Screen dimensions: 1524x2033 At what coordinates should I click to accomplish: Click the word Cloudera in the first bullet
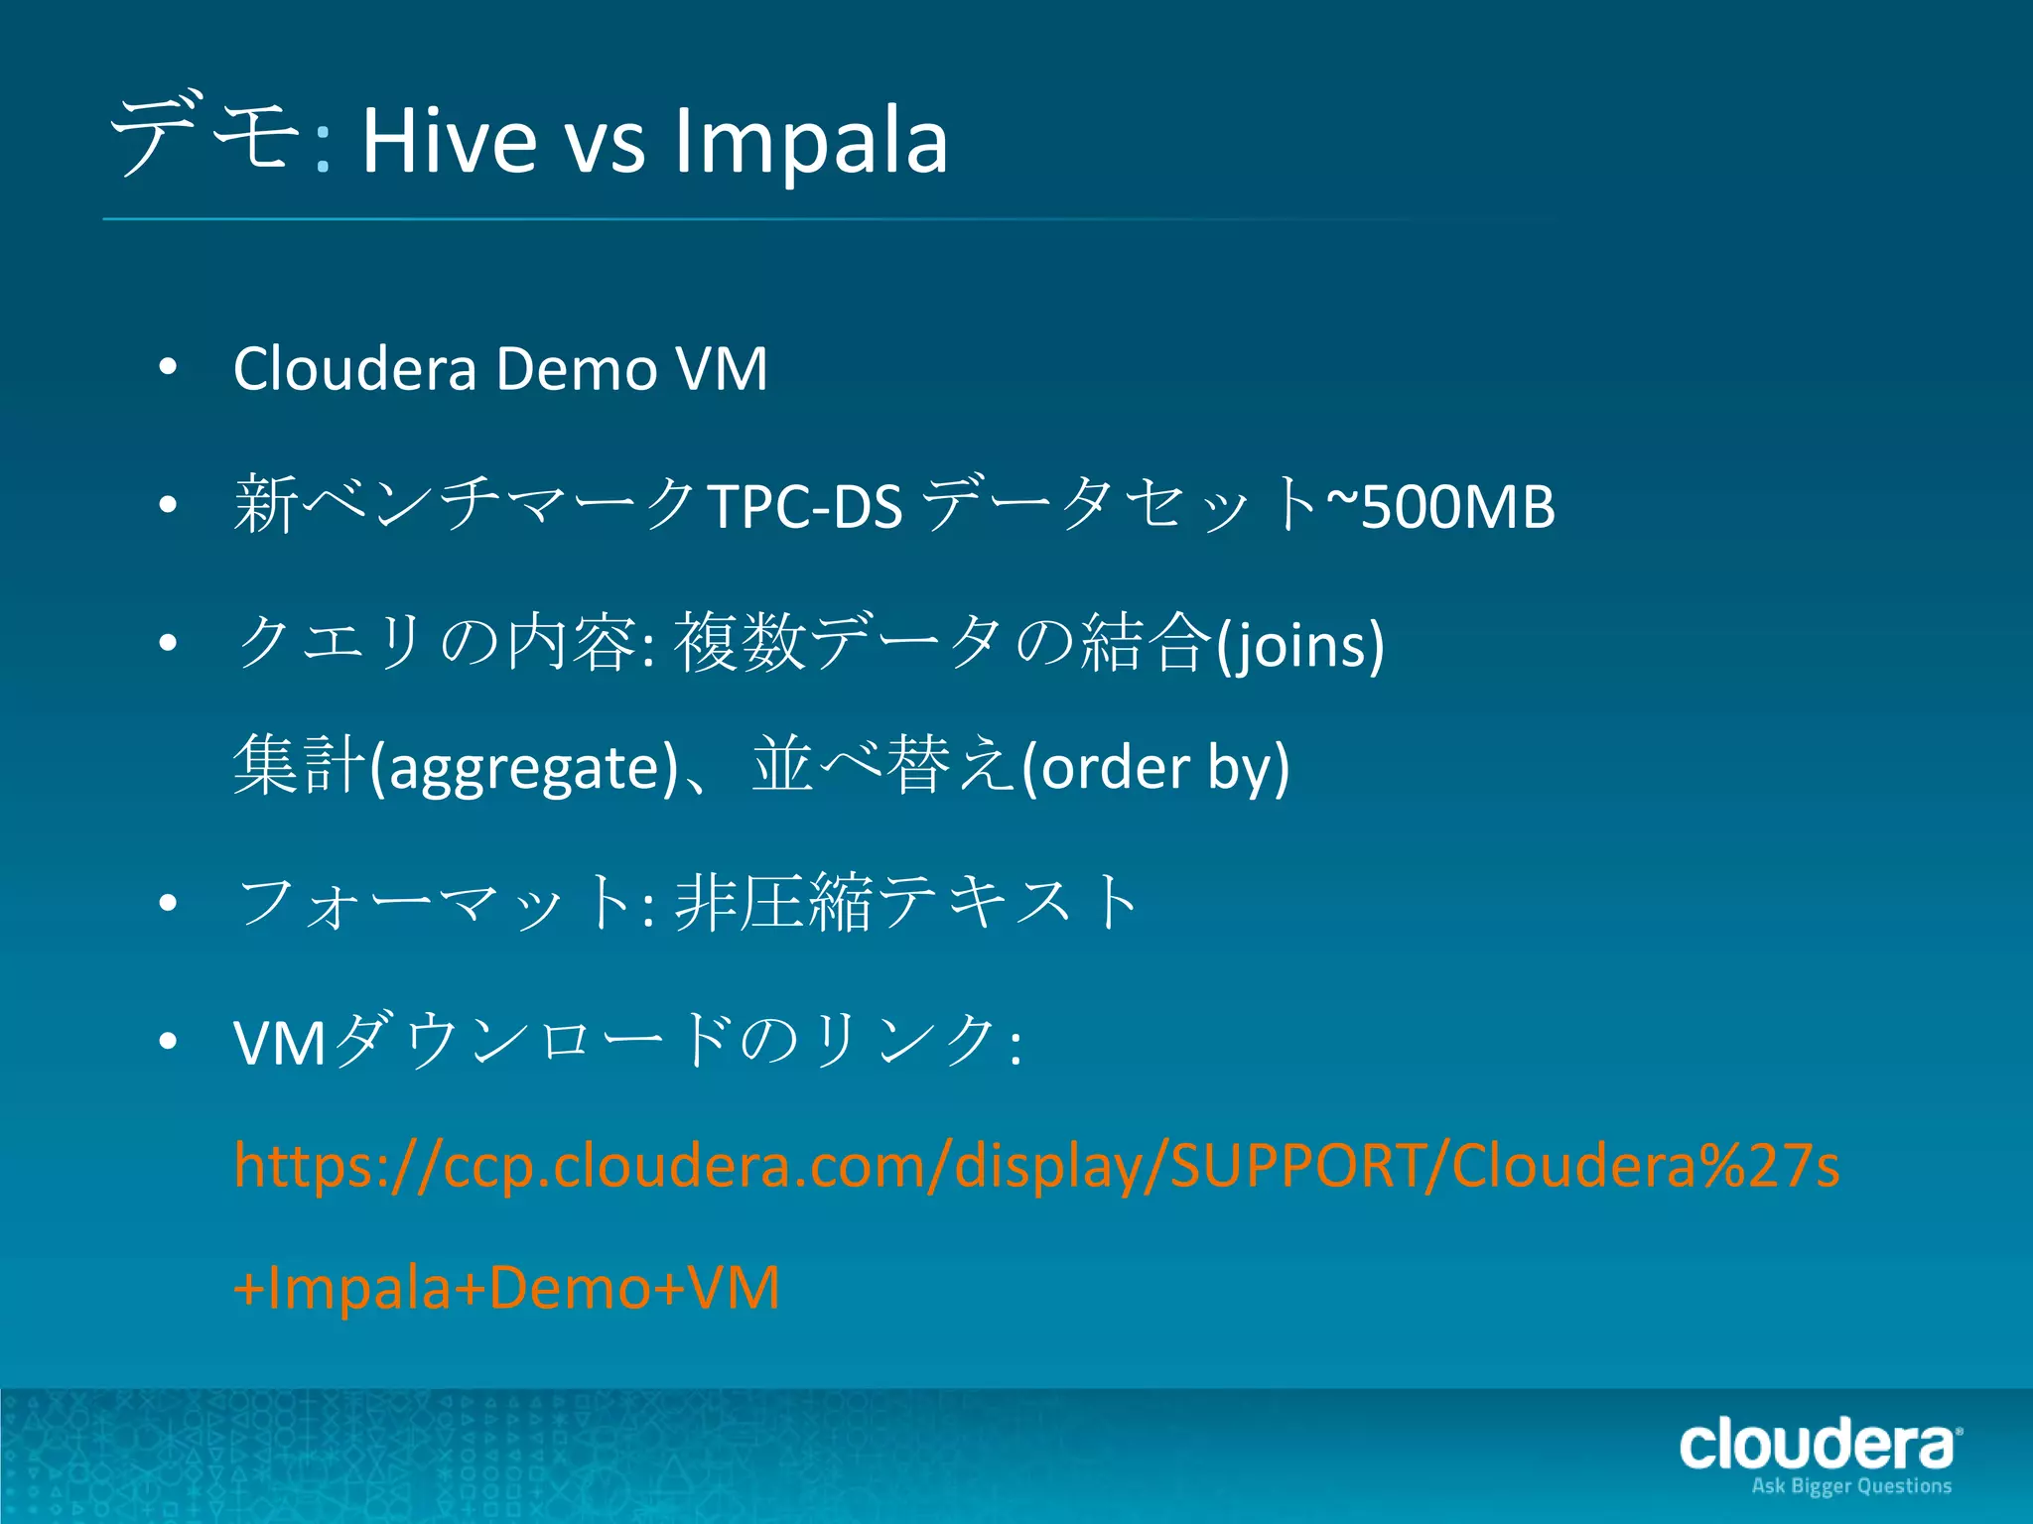354,369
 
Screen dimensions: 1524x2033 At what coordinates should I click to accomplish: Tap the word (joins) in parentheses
1300,645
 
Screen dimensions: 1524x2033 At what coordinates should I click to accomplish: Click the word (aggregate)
523,768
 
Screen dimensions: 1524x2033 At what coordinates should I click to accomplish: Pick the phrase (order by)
1155,768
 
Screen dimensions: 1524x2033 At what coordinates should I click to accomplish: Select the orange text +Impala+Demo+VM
506,1287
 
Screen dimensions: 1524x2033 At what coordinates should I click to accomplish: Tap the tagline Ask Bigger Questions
1851,1485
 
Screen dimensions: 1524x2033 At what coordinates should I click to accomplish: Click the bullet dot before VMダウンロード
168,1041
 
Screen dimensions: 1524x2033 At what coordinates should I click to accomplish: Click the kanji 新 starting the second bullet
265,504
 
